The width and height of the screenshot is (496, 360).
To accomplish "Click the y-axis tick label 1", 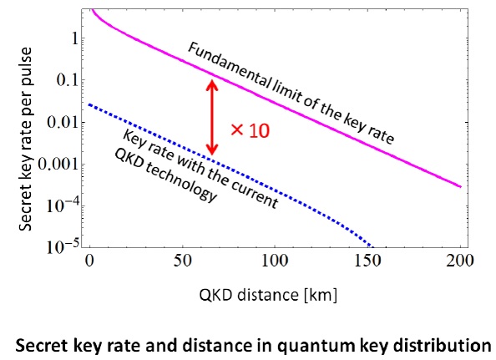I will pyautogui.click(x=75, y=38).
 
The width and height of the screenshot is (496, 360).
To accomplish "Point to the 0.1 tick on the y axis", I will pyautogui.click(x=69, y=80).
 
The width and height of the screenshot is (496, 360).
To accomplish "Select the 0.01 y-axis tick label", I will pyautogui.click(x=66, y=122).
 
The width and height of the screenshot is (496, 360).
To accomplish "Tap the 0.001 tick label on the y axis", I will pyautogui.click(x=63, y=164).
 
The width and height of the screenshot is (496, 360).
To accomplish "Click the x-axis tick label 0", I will pyautogui.click(x=89, y=261).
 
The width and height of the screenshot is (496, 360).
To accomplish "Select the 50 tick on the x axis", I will pyautogui.click(x=181, y=261).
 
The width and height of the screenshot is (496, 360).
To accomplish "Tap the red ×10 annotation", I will pyautogui.click(x=248, y=131).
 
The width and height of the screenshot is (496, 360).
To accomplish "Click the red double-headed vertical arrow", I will pyautogui.click(x=212, y=116).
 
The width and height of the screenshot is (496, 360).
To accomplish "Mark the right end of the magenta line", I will pyautogui.click(x=460, y=186).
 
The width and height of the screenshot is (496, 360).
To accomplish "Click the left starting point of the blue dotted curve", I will pyautogui.click(x=89, y=104).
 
